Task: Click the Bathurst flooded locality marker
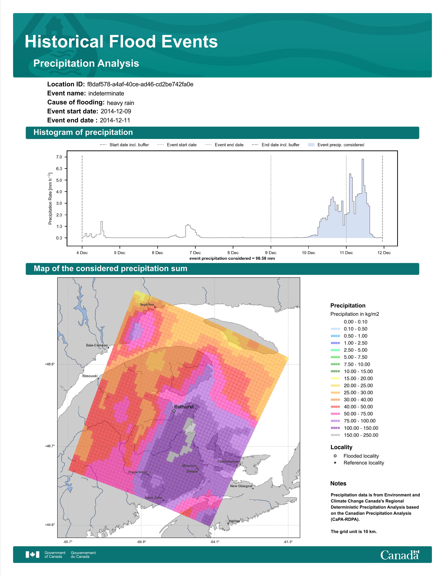[174, 411]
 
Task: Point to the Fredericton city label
[138, 472]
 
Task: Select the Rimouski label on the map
[90, 376]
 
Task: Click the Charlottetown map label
[229, 461]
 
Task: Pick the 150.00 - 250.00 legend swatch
[335, 435]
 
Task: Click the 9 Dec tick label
[271, 253]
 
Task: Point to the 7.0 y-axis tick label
[59, 157]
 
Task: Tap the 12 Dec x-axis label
[384, 253]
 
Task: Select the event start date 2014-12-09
[116, 111]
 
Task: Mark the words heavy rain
[120, 103]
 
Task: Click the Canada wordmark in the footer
[400, 555]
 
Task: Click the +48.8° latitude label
[50, 364]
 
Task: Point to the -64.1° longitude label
[215, 542]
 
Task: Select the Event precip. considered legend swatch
[311, 145]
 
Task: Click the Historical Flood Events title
[121, 42]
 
